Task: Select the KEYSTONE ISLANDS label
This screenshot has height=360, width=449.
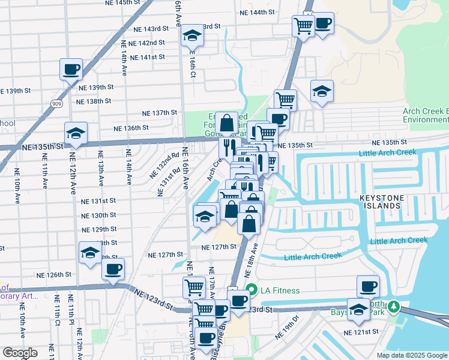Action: click(379, 200)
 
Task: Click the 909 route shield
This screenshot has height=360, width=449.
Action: click(56, 104)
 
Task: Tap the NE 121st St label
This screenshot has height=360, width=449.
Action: click(361, 332)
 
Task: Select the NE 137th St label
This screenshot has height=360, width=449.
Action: click(159, 113)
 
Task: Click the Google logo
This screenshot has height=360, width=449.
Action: click(20, 352)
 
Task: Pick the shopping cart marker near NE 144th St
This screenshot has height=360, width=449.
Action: click(304, 25)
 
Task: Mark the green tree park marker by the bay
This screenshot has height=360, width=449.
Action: click(393, 307)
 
